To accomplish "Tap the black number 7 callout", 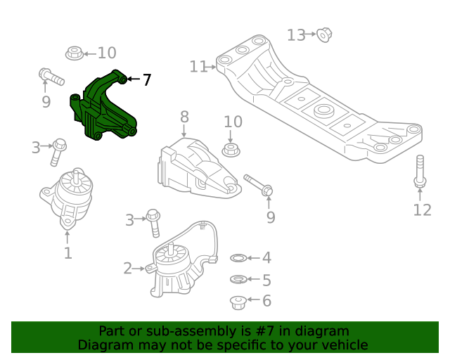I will point(146,80).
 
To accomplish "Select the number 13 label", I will point(296,34).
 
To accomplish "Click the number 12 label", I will point(422,210).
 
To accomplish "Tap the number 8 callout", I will point(184,117).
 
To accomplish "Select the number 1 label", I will point(67,252).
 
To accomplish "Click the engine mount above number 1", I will point(68,196).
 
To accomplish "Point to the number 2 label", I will point(128,268).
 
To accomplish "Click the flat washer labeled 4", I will point(238,259).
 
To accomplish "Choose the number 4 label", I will point(266,259).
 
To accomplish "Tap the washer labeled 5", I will point(238,280).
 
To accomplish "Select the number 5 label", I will point(266,281).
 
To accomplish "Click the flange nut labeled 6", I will point(238,302).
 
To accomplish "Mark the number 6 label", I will point(266,302).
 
